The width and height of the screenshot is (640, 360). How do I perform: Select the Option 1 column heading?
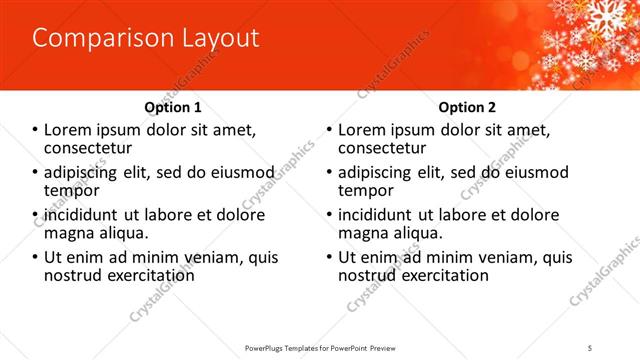(x=173, y=107)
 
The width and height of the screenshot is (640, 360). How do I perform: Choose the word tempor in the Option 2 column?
(x=366, y=190)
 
